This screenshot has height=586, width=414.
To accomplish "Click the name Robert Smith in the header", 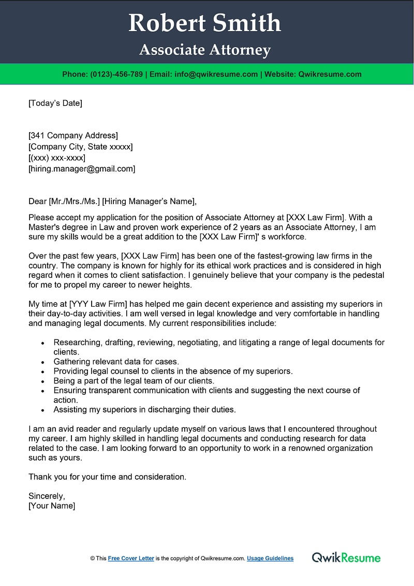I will pyautogui.click(x=205, y=23).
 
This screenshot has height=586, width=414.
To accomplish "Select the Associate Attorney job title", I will pyautogui.click(x=205, y=50).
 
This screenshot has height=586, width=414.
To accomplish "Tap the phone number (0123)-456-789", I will pyautogui.click(x=116, y=74).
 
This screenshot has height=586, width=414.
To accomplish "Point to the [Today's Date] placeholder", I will pyautogui.click(x=55, y=103).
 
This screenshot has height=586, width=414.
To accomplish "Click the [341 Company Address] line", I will pyautogui.click(x=73, y=136).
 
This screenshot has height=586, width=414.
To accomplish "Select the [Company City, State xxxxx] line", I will pyautogui.click(x=80, y=147).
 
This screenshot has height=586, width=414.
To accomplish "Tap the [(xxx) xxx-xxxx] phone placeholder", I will pyautogui.click(x=57, y=158).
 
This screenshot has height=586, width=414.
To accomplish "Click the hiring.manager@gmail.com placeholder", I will pyautogui.click(x=82, y=168).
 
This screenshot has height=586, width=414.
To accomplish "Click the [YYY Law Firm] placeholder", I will pyautogui.click(x=96, y=304).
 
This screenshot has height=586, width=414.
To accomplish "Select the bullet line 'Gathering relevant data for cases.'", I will pyautogui.click(x=116, y=362).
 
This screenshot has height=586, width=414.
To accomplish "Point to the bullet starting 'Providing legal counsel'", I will pyautogui.click(x=173, y=371).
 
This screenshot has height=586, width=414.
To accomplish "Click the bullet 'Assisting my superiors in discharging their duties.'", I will pyautogui.click(x=144, y=409).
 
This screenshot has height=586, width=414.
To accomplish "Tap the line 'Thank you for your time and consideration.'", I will pyautogui.click(x=107, y=477).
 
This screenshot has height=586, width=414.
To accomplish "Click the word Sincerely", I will pyautogui.click(x=47, y=496).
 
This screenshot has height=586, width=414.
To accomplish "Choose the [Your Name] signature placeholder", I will pyautogui.click(x=52, y=506).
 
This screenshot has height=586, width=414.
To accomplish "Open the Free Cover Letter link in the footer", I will pyautogui.click(x=131, y=559).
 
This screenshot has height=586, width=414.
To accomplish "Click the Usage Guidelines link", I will pyautogui.click(x=270, y=559).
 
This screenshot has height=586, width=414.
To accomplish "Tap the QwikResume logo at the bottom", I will pyautogui.click(x=346, y=558).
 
